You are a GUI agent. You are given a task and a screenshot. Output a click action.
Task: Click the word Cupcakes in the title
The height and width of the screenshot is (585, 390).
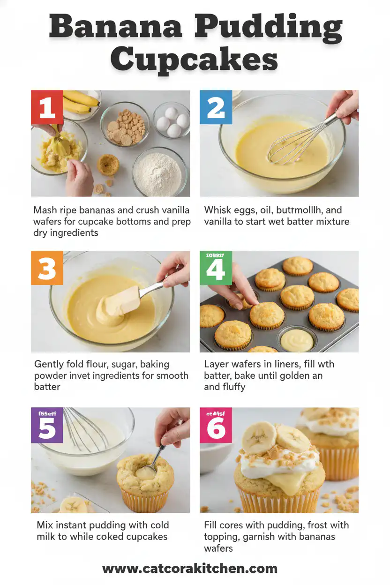194,60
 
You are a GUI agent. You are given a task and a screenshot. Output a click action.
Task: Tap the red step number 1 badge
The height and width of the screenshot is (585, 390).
47,107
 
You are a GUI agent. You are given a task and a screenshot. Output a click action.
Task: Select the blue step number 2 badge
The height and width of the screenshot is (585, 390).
216,107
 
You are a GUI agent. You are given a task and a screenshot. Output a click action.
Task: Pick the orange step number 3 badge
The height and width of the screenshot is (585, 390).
47,268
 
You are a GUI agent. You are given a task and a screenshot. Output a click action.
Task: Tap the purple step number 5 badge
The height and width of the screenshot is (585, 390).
47,427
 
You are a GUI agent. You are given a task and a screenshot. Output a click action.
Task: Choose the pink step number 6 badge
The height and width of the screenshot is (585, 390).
216,427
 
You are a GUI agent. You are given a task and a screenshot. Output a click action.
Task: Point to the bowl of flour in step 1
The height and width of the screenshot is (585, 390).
159,172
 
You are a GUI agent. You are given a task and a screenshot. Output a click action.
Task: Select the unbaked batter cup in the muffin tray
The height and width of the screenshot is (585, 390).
297,340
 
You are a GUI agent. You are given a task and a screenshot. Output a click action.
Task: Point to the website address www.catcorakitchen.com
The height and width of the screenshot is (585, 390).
190,569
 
